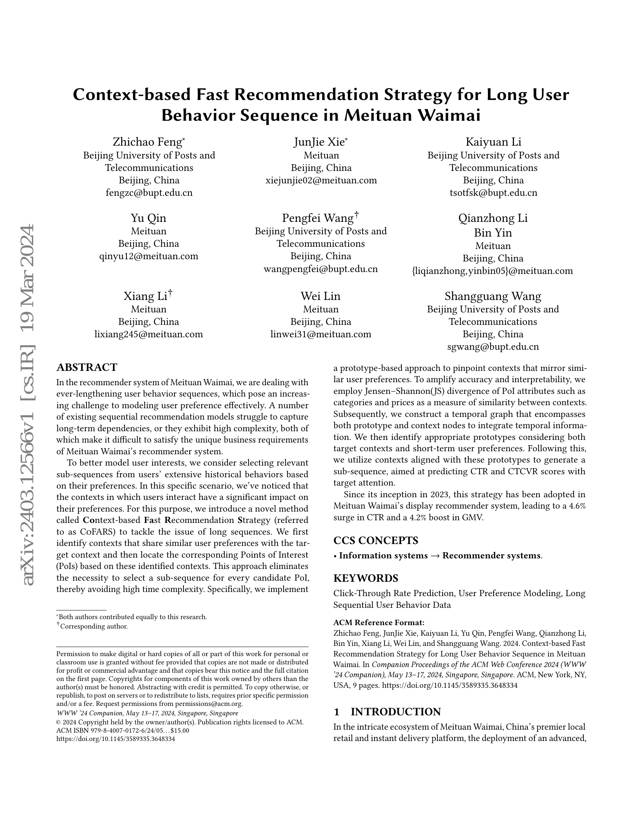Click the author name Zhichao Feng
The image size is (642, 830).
pos(148,142)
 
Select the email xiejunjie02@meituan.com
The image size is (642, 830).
pos(321,180)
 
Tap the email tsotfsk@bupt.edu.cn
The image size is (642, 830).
pos(493,193)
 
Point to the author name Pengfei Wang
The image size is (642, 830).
pos(318,218)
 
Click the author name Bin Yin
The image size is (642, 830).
pos(493,232)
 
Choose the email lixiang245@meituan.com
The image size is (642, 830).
pos(148,334)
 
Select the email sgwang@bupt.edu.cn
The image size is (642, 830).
pos(493,347)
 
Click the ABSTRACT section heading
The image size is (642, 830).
pos(87,367)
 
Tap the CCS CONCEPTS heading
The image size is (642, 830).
pos(376,540)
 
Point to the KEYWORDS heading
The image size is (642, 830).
pos(366,578)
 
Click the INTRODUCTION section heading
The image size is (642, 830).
pos(395,712)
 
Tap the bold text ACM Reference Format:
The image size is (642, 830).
pos(378,622)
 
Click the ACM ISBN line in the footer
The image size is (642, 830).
pos(122,730)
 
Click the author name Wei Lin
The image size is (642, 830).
pos(321,296)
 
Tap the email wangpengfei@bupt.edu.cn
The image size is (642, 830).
pos(321,269)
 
